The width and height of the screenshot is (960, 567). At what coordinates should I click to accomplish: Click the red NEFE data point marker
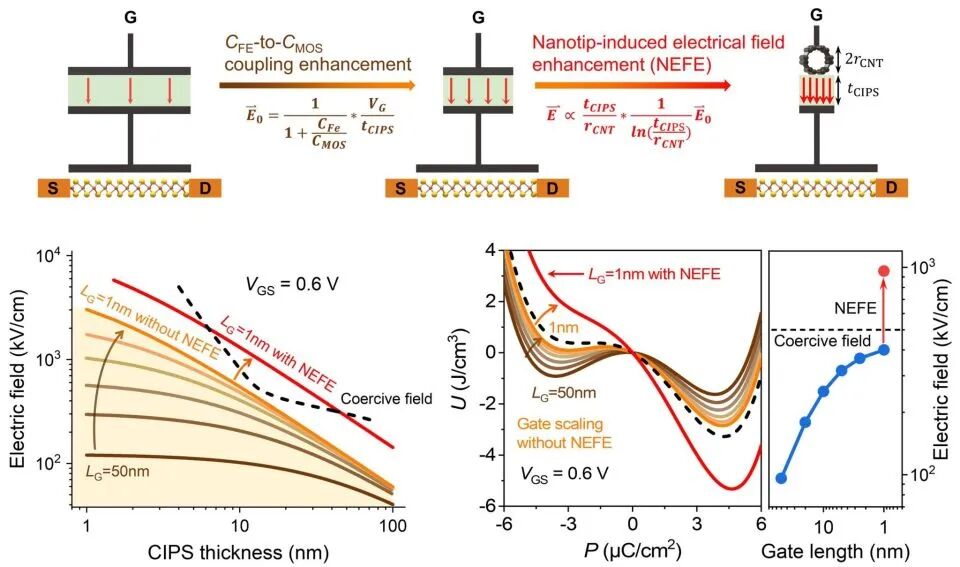coord(883,271)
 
